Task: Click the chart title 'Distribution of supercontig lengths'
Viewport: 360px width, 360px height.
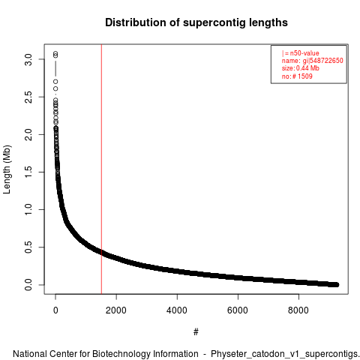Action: point(196,22)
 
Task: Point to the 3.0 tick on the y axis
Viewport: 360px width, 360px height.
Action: point(28,59)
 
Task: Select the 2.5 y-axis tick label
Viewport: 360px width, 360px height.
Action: point(28,97)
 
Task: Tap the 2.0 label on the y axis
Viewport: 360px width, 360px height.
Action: point(28,134)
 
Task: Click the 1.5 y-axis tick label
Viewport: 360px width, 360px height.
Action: point(28,172)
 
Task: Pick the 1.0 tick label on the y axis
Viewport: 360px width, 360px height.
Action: point(28,209)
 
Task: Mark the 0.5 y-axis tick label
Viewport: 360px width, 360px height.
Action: point(28,247)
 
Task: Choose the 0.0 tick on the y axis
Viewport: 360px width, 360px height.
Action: point(28,285)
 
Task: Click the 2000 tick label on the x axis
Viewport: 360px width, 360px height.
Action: point(116,310)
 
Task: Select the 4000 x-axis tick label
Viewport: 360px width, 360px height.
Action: point(177,310)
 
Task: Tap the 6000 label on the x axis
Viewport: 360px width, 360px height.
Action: point(238,310)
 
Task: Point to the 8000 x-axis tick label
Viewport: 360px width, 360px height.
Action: point(298,310)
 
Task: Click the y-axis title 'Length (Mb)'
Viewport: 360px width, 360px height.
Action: point(7,169)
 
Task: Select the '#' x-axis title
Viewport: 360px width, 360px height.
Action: point(196,331)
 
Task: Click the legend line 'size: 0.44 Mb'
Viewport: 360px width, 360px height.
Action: point(301,68)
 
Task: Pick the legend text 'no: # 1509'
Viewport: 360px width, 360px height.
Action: point(297,76)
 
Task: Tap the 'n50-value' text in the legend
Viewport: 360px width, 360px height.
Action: point(304,53)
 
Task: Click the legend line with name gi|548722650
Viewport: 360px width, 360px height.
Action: point(312,61)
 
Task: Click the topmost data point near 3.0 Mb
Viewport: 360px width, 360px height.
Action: point(55,53)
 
